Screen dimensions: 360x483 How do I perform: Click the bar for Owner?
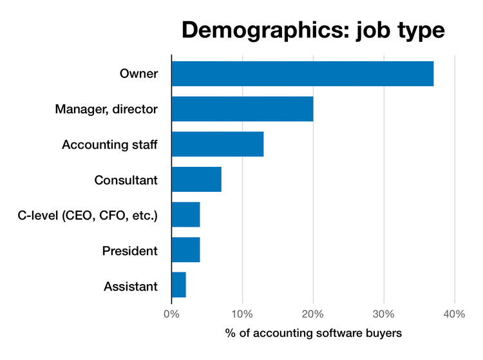click(302, 73)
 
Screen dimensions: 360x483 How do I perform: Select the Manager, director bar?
click(242, 109)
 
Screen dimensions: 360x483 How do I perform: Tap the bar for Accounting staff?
click(217, 144)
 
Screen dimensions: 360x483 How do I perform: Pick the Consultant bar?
click(196, 179)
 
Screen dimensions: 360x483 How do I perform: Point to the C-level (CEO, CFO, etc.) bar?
click(185, 214)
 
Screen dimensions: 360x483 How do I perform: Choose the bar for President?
click(185, 250)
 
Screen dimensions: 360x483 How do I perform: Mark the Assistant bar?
click(178, 285)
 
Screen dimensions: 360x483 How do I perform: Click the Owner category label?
click(138, 73)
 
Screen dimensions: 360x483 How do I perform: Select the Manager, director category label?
click(106, 109)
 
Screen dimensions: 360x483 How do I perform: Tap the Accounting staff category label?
click(109, 144)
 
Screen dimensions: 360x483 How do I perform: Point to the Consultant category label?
click(126, 180)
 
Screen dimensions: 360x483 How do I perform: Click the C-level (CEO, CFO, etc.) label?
click(88, 215)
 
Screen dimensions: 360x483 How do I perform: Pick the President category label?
click(129, 250)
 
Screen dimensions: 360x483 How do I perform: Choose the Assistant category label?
click(130, 285)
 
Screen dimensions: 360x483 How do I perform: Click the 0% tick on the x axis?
click(171, 314)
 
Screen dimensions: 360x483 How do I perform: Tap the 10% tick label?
click(242, 314)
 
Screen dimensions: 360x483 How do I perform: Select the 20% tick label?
click(313, 314)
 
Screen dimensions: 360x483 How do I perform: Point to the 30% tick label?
click(384, 314)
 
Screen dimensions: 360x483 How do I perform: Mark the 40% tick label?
click(455, 314)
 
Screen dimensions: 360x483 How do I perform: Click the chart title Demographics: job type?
click(313, 30)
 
